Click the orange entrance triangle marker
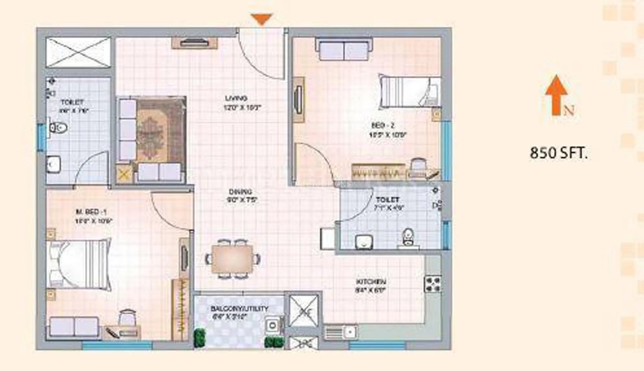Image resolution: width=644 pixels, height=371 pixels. [262, 19]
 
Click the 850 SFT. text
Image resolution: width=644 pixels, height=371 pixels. [558, 153]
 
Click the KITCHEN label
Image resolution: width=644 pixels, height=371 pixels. [371, 282]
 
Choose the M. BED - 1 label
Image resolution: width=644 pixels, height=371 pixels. [91, 212]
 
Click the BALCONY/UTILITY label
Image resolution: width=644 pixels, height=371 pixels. [239, 309]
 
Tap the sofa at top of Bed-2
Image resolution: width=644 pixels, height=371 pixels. [344, 49]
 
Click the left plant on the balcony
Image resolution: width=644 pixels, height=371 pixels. [199, 338]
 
